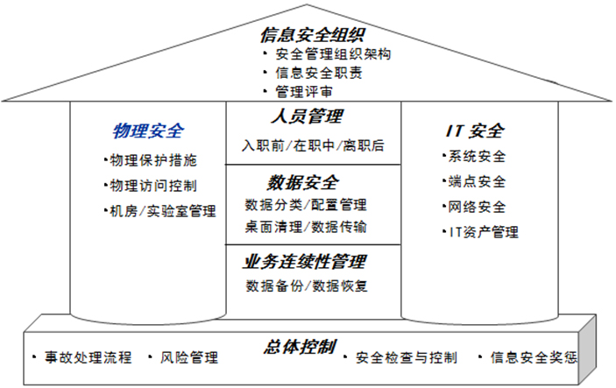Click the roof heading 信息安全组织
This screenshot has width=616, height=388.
pos(313,35)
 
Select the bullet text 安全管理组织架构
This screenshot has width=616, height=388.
pos(333,54)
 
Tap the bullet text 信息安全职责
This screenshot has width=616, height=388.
pos(319,73)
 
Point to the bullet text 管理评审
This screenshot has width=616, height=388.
pos(304,91)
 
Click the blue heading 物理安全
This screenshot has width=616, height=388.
pos(148,131)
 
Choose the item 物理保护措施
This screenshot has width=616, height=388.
pos(153,160)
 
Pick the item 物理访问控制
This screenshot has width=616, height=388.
pos(153,186)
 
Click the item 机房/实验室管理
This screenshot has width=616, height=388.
pos(163,211)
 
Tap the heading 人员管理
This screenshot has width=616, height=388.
pos(308,116)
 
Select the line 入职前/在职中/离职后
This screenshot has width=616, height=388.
pos(313,145)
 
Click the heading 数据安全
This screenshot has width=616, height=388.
pos(303,182)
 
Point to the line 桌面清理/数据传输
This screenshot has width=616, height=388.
pos(306,227)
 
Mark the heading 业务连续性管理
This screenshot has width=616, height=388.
pos(305,262)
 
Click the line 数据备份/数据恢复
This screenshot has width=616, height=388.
pos(307,286)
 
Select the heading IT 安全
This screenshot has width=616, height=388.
pos(475,131)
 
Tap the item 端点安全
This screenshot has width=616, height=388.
pos(477,181)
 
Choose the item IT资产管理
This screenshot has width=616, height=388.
pos(484,232)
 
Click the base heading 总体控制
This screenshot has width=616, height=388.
pos(301,347)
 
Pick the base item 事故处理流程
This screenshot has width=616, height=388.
pos(88,357)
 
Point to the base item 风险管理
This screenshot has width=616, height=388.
pos(189,357)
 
